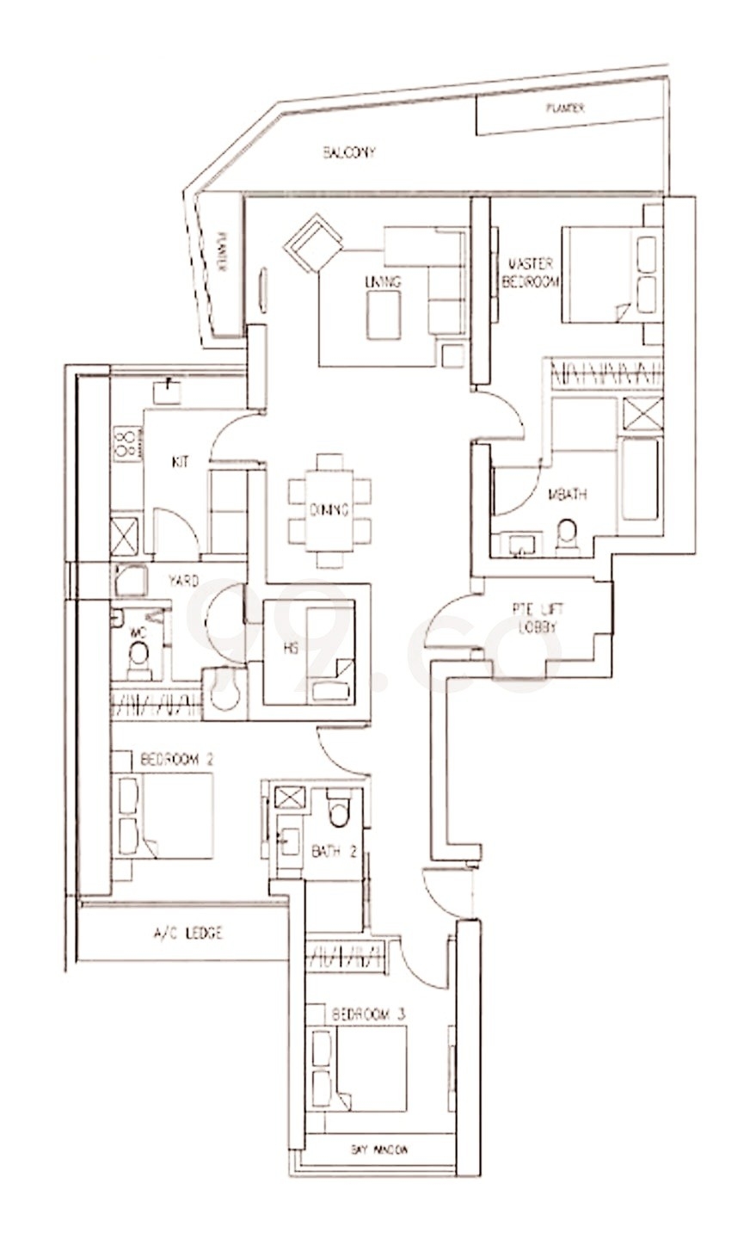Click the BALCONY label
348,152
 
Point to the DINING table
329,509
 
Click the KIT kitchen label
180,462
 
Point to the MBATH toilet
567,534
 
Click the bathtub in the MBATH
640,479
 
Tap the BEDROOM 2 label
175,760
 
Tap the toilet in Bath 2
339,809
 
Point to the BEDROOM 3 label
368,1014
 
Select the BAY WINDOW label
379,1149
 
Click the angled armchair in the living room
313,243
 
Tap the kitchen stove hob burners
127,442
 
